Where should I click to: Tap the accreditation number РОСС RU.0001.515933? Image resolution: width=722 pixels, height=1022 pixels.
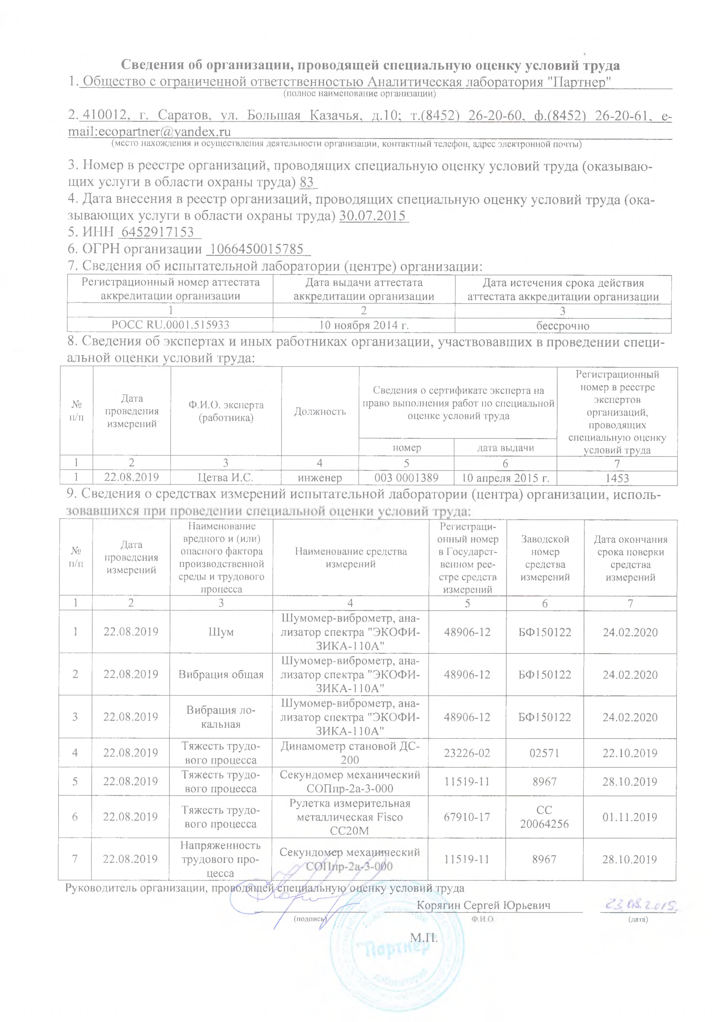click(170, 325)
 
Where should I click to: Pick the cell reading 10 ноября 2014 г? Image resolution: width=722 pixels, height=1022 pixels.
click(364, 325)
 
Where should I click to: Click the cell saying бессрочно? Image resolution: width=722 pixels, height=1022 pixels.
click(563, 326)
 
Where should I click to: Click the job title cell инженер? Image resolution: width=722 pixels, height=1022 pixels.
click(320, 478)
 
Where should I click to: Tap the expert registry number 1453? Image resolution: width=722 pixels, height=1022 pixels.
click(617, 478)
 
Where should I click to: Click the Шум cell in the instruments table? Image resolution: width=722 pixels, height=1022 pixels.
click(221, 632)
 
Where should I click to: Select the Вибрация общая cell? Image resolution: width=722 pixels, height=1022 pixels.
click(221, 674)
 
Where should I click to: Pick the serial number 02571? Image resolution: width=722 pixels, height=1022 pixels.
click(544, 753)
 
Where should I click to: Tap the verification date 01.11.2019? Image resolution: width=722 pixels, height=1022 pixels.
click(630, 817)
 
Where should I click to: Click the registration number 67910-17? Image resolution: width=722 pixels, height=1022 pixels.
click(467, 817)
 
